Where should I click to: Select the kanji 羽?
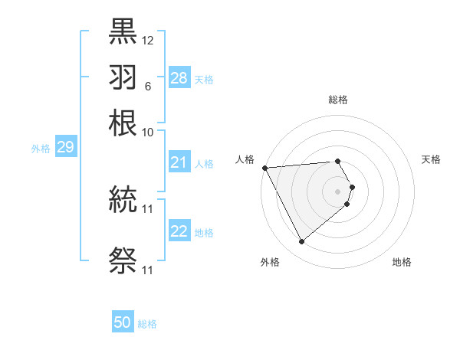[123, 77]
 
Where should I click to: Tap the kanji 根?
[123, 122]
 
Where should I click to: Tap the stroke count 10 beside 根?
[148, 132]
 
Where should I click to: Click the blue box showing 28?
[179, 78]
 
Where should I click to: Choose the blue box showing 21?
[179, 162]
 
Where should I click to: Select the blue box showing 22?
[179, 231]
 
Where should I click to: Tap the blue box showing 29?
[65, 147]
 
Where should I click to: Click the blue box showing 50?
[123, 322]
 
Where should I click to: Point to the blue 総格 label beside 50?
[147, 324]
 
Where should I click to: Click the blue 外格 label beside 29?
[41, 149]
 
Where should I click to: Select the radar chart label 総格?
[338, 100]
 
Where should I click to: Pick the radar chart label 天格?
[431, 159]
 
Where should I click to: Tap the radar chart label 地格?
[402, 262]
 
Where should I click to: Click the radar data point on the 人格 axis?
[264, 167]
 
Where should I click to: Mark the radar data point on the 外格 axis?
[301, 242]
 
